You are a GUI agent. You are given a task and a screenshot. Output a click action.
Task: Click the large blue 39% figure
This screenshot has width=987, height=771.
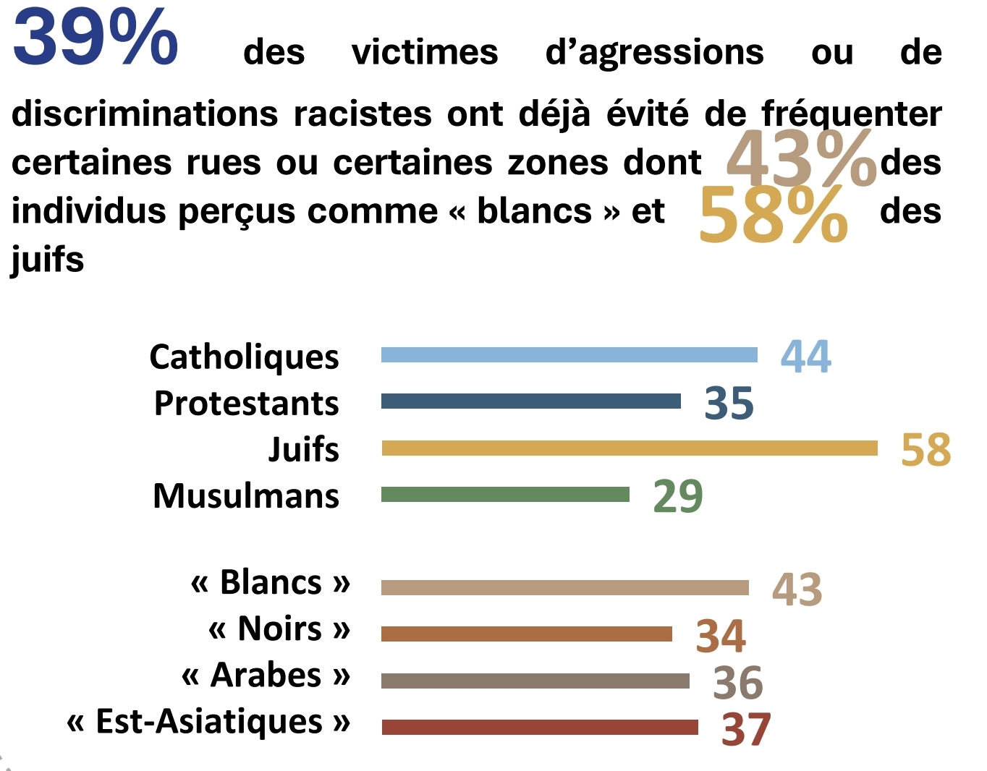click(96, 38)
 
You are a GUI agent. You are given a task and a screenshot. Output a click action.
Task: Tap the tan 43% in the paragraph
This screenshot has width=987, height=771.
click(800, 159)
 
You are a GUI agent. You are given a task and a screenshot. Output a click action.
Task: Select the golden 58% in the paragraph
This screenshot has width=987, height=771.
click(773, 215)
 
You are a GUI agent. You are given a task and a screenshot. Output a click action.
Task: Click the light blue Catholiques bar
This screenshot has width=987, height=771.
click(569, 354)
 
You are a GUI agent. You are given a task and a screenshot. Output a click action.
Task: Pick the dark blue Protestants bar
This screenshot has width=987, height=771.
click(530, 401)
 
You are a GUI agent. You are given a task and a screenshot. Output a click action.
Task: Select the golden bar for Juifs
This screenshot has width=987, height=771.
click(629, 448)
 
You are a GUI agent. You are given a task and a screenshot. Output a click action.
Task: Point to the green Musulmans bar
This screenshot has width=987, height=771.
click(505, 495)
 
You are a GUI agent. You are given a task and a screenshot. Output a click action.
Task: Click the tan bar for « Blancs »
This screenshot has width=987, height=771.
click(564, 587)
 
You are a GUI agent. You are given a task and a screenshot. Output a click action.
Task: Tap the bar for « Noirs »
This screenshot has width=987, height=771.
click(526, 634)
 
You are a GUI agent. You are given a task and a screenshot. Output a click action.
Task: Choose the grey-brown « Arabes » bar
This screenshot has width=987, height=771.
click(535, 681)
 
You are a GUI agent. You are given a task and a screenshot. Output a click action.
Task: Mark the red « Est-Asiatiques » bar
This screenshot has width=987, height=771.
click(539, 727)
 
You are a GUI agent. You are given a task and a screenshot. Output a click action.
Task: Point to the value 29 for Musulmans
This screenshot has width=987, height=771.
click(677, 496)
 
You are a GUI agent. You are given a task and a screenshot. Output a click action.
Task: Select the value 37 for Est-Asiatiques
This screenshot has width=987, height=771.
click(746, 730)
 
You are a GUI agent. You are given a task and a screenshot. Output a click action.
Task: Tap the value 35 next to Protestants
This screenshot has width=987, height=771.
click(729, 403)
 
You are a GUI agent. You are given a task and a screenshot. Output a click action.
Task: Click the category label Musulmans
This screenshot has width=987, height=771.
click(246, 496)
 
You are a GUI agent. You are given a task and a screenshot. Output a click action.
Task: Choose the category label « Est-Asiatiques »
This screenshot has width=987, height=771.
click(208, 722)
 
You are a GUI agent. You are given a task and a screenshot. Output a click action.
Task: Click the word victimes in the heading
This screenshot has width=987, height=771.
click(425, 52)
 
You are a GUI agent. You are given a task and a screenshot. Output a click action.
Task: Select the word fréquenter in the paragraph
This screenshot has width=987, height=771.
click(852, 114)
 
